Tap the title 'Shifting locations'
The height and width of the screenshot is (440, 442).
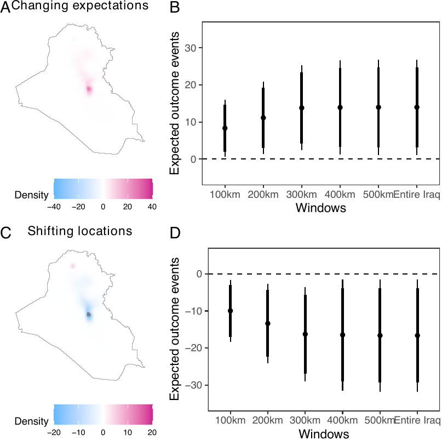(80, 231)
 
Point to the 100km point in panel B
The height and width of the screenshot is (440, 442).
(225, 128)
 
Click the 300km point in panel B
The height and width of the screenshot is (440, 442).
(301, 108)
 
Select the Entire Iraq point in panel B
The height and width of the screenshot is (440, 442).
(417, 107)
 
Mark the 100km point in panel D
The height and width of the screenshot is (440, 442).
(231, 311)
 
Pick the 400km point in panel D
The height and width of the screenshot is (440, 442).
(342, 334)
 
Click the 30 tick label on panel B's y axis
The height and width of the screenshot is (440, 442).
(192, 48)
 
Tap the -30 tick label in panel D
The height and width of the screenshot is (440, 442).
(193, 385)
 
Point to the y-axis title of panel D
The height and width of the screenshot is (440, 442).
(175, 330)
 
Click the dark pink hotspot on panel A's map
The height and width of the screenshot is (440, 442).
(89, 89)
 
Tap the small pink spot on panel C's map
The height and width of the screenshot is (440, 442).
(73, 266)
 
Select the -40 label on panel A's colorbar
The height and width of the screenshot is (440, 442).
(54, 207)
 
